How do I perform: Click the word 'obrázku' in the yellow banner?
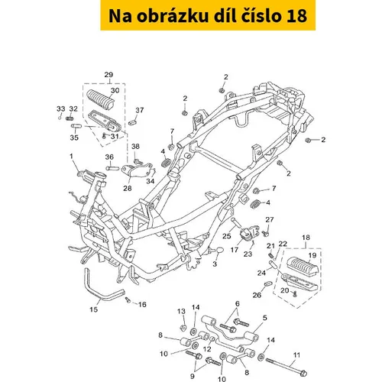coord(173,15)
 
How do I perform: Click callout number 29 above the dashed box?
coord(108,75)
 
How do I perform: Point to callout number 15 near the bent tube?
coord(94,309)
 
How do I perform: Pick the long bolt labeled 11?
coord(286,366)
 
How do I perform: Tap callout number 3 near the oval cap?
coord(215,264)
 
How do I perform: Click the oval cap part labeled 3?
coord(220,250)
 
